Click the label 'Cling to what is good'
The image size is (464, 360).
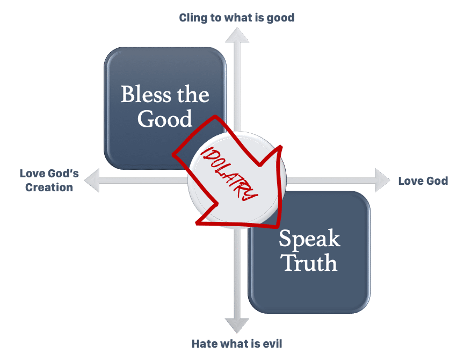coord(236,18)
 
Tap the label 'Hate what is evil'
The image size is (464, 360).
coord(237,343)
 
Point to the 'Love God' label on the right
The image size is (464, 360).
coord(423,181)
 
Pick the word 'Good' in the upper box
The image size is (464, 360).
coord(164,119)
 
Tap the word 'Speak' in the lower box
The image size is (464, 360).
coord(309,239)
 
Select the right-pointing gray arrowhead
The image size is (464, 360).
coord(382,178)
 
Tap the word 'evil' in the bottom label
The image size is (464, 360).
coord(270,343)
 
